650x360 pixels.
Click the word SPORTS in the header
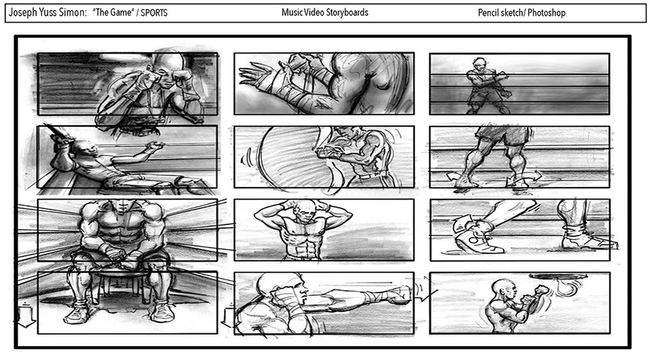pos(154,13)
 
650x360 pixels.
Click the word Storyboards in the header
pos(347,12)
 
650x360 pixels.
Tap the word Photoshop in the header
pos(547,13)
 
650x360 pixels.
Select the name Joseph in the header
pos(23,13)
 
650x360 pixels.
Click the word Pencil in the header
pos(488,13)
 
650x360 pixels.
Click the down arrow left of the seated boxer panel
pos(26,315)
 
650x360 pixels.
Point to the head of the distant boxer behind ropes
pos(479,64)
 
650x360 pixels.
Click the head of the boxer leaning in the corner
pos(84,149)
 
